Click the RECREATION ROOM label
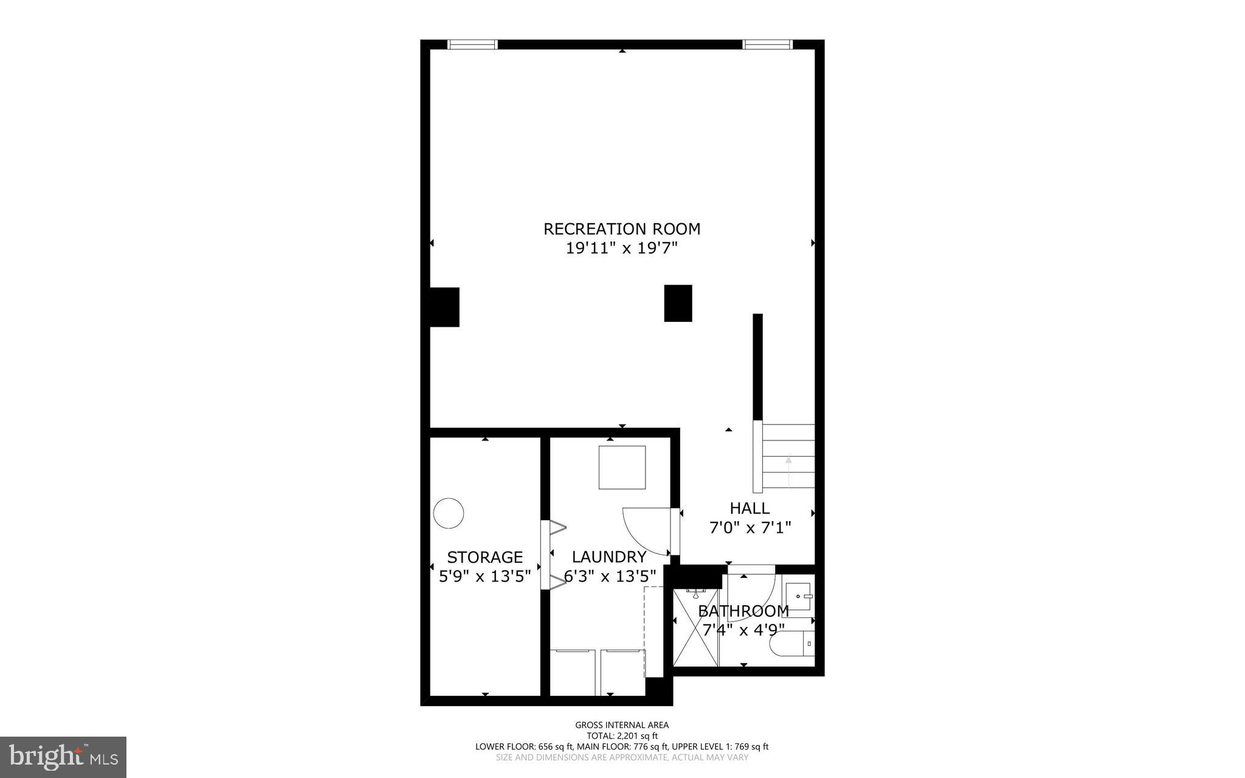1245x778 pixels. point(621,229)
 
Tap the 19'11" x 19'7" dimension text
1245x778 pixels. point(621,248)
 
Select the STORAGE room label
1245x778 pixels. point(485,557)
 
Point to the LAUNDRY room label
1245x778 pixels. point(609,557)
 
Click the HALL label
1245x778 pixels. point(750,508)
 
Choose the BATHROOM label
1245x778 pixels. point(743,611)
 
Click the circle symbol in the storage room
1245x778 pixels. point(448,513)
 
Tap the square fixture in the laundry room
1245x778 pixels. point(622,467)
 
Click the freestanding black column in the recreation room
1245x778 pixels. point(678,303)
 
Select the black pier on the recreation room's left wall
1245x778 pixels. point(444,307)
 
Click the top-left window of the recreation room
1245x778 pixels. point(472,44)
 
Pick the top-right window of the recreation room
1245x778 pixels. point(767,44)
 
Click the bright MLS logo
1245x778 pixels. point(63,757)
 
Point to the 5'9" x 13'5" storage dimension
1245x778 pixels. point(485,575)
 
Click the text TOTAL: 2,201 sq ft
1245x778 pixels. point(622,735)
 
